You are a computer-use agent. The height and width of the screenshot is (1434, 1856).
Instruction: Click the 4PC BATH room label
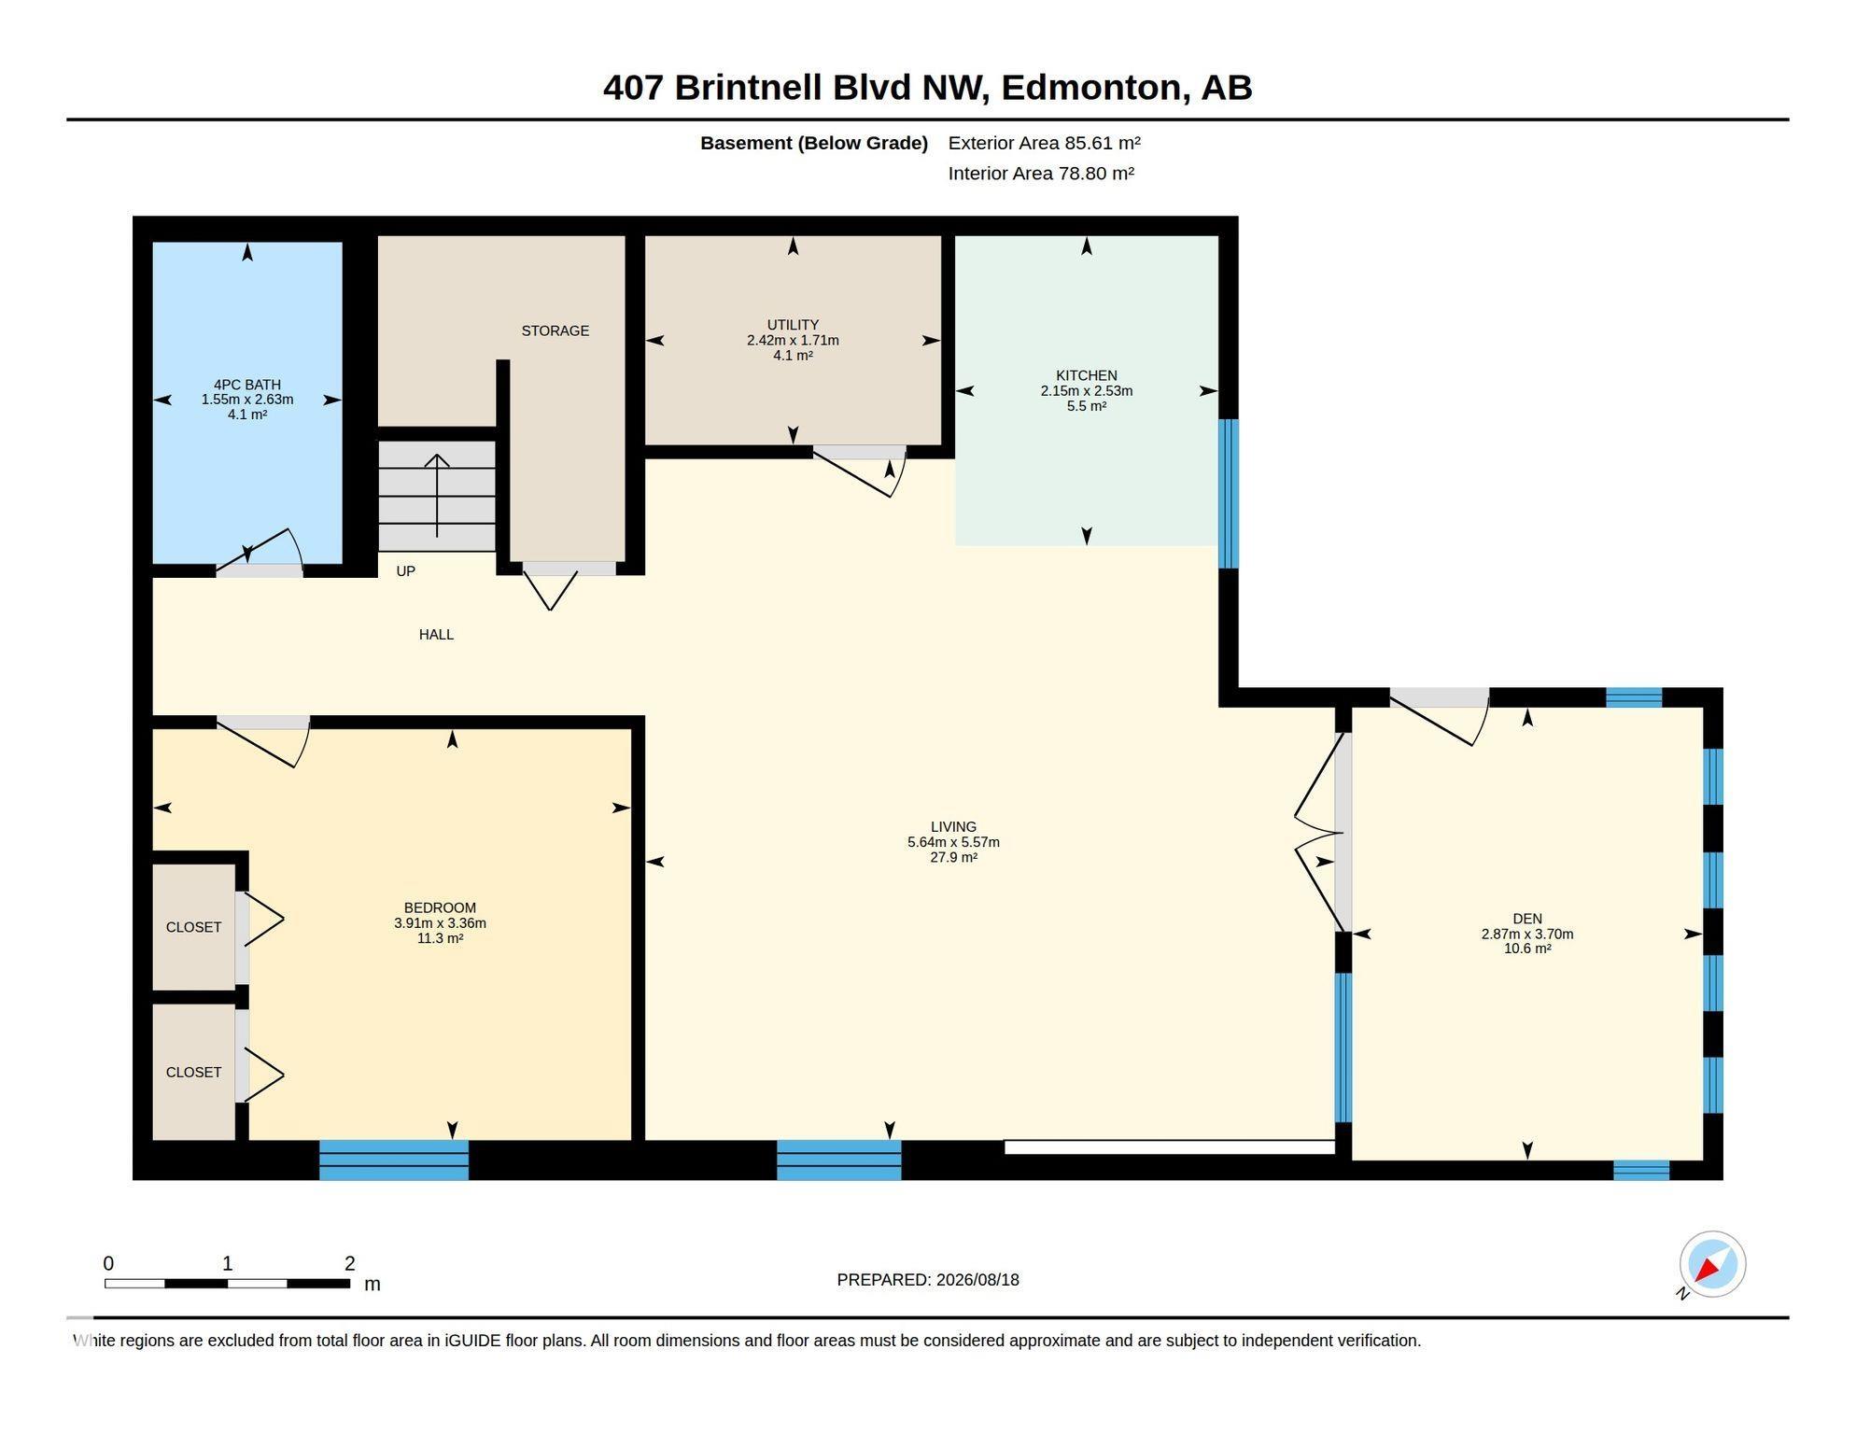coord(247,385)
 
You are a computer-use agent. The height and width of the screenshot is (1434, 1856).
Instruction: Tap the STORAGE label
coord(555,330)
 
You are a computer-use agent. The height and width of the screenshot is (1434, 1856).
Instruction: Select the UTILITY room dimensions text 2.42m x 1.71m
coord(793,341)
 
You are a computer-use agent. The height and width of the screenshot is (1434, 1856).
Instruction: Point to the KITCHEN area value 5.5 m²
coord(1087,406)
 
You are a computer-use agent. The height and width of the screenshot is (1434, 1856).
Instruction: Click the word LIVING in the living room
coord(953,827)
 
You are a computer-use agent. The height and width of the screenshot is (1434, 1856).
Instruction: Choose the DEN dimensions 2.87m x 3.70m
coord(1527,934)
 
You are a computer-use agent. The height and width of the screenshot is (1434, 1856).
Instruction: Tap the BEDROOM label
coord(440,907)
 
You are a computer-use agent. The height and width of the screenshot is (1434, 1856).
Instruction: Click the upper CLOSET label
coord(193,927)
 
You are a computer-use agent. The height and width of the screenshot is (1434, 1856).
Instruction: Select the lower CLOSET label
coord(193,1072)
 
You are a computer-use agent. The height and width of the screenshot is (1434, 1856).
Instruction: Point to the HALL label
coord(436,635)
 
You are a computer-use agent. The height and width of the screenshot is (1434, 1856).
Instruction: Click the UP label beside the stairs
coord(405,571)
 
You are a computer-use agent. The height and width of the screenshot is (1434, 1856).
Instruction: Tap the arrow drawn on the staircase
coord(437,495)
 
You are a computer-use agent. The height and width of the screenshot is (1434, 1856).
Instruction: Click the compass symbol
coord(1712,1265)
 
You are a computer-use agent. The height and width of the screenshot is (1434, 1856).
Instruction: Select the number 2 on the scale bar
coord(350,1263)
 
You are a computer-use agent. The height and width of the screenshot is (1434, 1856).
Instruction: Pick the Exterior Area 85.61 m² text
coord(1044,143)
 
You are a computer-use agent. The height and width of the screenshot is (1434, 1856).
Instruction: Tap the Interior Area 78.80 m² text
coord(1041,174)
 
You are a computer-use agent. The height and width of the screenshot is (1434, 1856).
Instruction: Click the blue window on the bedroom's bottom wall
coord(394,1160)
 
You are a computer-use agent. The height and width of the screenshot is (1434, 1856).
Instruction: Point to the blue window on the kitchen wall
coord(1229,493)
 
